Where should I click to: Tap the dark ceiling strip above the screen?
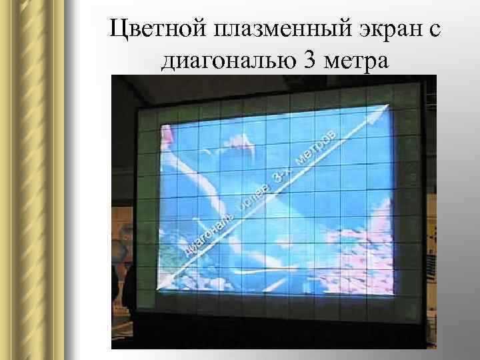267,87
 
